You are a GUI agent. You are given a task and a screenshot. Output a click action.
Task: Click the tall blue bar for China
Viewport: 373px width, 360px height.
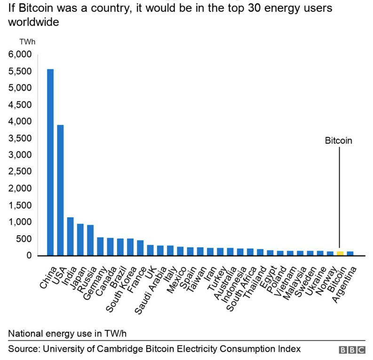tap(50, 162)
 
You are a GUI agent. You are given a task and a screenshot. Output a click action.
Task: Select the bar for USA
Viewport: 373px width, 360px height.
tap(60, 190)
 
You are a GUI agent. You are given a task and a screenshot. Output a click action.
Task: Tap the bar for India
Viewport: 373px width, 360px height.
tap(71, 236)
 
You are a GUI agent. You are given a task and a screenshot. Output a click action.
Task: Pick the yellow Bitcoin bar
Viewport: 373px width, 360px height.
tap(340, 253)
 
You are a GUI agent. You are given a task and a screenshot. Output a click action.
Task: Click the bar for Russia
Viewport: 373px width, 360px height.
tap(90, 240)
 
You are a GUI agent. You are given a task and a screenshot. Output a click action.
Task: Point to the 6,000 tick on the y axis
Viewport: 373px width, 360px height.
tap(20, 55)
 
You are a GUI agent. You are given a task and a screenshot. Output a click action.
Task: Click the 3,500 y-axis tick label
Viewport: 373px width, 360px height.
tap(20, 138)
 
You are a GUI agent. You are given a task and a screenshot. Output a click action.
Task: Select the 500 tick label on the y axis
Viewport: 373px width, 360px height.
tap(24, 239)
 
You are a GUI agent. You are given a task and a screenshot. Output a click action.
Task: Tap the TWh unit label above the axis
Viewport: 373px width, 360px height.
tap(27, 42)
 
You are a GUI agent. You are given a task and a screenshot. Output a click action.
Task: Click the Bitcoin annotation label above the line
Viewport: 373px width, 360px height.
tap(339, 141)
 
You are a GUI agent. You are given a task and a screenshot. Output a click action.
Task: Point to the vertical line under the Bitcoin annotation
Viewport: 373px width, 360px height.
tap(340, 197)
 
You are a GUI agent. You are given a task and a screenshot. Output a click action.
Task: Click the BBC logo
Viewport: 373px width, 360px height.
tap(352, 350)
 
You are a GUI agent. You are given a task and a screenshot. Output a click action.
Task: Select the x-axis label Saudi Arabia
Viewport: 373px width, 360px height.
tap(151, 290)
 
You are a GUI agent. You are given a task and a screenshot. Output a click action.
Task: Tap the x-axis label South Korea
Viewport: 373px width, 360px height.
tap(122, 289)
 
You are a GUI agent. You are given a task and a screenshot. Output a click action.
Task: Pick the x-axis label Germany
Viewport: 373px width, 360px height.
tap(95, 283)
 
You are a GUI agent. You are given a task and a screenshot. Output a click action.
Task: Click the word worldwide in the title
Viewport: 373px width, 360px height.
tap(33, 22)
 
